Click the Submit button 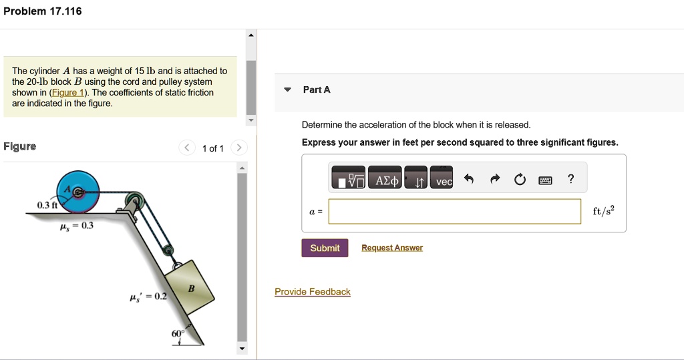click(325, 248)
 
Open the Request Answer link click(392, 248)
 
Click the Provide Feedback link click(312, 292)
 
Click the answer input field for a click(454, 211)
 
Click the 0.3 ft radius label click(47, 205)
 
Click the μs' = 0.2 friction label click(148, 296)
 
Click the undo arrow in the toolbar click(468, 178)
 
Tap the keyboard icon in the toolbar click(545, 179)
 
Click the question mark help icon click(570, 178)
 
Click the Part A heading click(317, 89)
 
